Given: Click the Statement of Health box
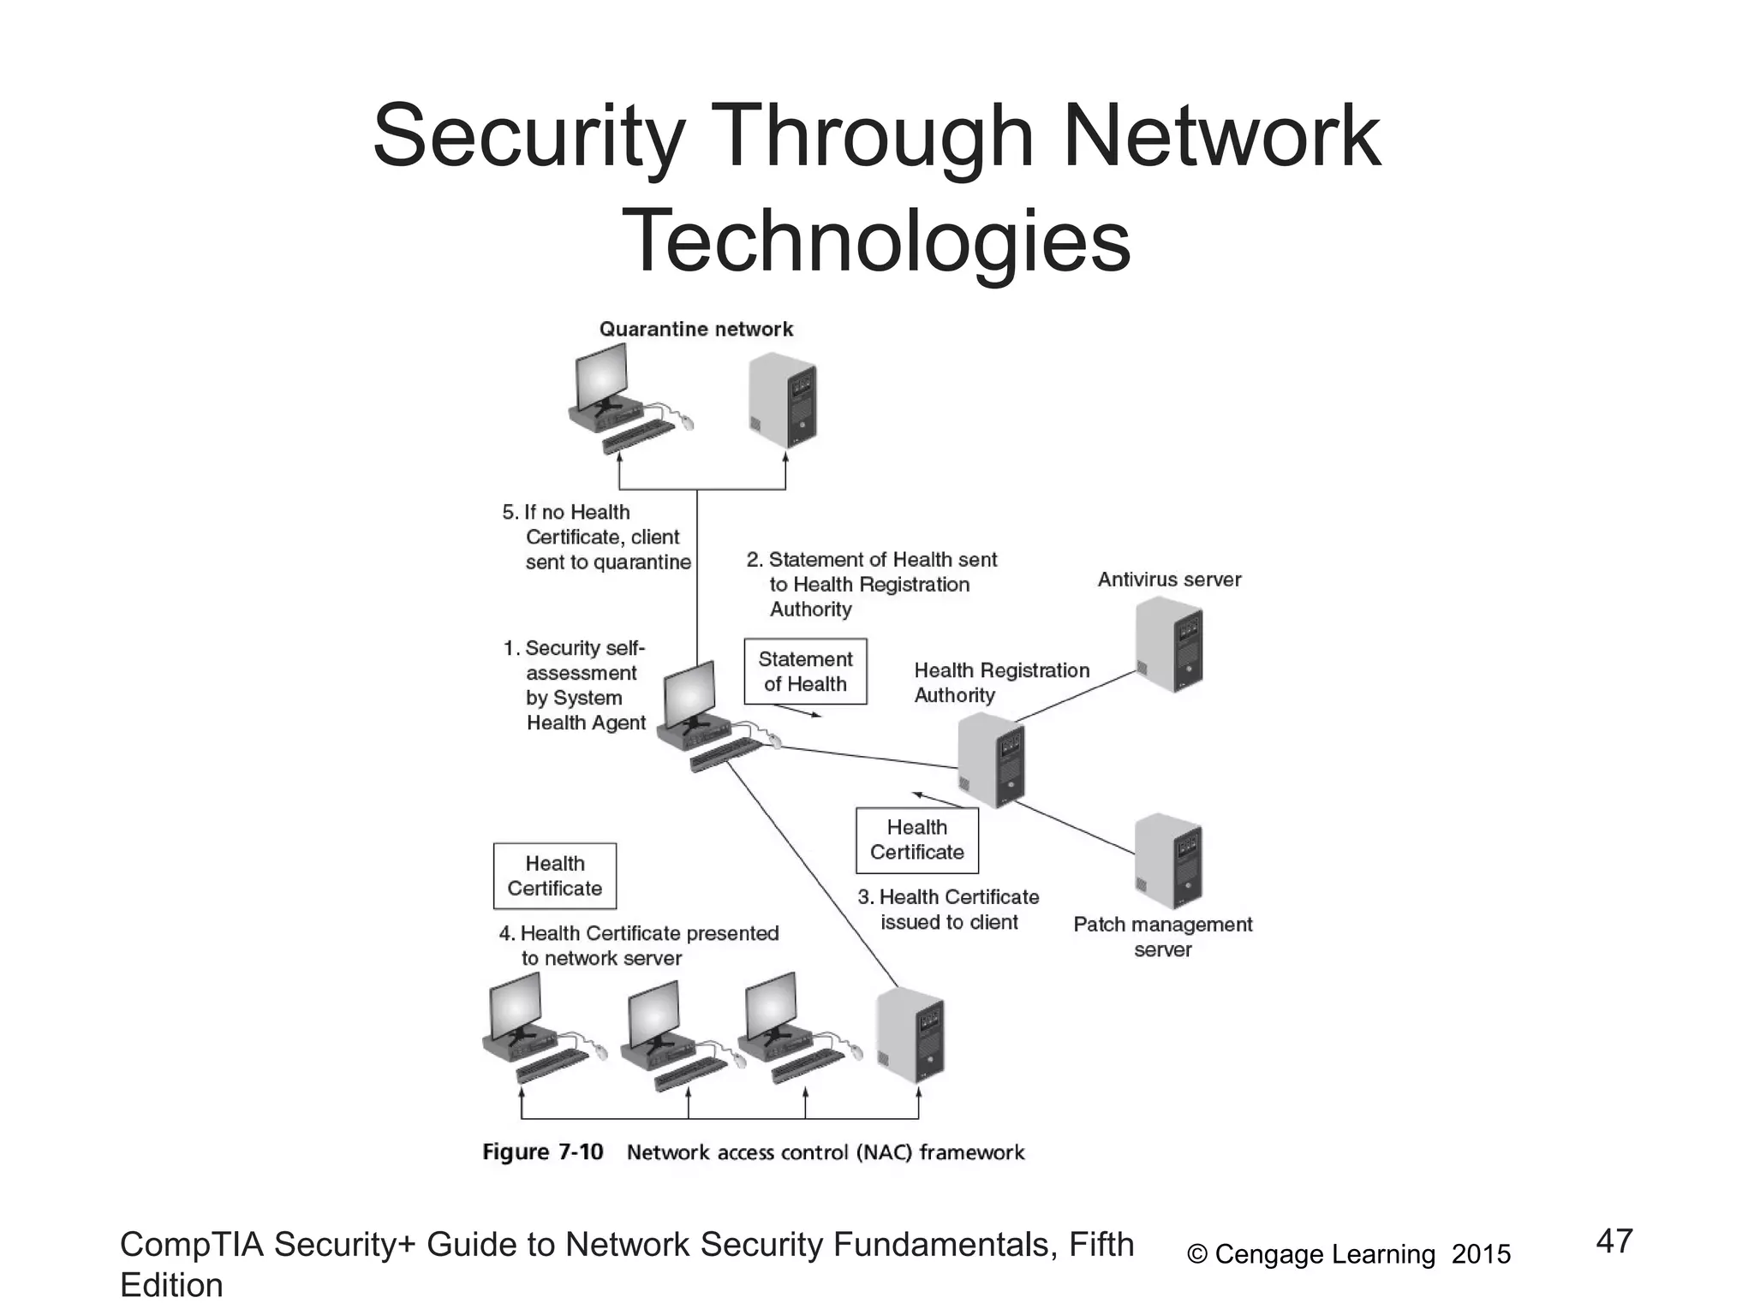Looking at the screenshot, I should click(805, 672).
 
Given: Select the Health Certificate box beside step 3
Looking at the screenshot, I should click(916, 840).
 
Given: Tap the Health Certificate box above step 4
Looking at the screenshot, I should click(554, 876).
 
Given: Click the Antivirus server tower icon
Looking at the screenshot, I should click(1170, 645).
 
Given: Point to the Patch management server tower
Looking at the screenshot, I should click(1168, 861).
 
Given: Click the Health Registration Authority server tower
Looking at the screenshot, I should click(991, 760).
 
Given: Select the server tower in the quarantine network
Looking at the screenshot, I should click(783, 401).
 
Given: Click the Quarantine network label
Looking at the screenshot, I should click(695, 330).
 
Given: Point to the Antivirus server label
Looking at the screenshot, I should click(1169, 580).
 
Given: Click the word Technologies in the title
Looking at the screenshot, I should click(876, 241).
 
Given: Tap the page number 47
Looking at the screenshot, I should click(1614, 1241).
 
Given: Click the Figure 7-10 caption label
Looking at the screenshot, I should click(543, 1152).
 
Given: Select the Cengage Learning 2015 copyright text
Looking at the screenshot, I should click(1349, 1254).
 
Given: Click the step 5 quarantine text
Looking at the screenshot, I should click(598, 537).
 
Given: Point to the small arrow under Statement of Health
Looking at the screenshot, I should click(797, 711).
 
